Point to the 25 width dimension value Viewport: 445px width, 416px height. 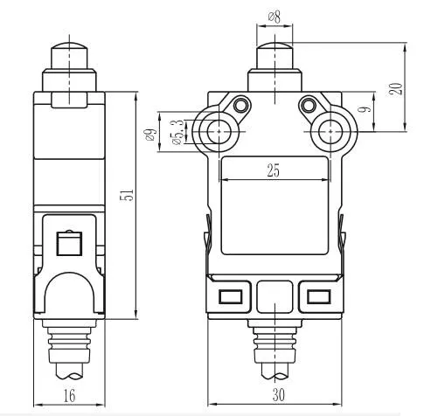coord(273,172)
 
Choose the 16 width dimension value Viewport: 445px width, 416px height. coord(69,396)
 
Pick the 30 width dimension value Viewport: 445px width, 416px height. coord(276,396)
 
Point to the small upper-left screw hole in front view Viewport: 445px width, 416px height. coord(240,106)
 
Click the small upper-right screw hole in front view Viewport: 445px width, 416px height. coord(306,106)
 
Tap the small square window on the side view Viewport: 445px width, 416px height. coord(67,243)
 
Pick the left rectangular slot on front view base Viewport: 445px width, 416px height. coord(232,295)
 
